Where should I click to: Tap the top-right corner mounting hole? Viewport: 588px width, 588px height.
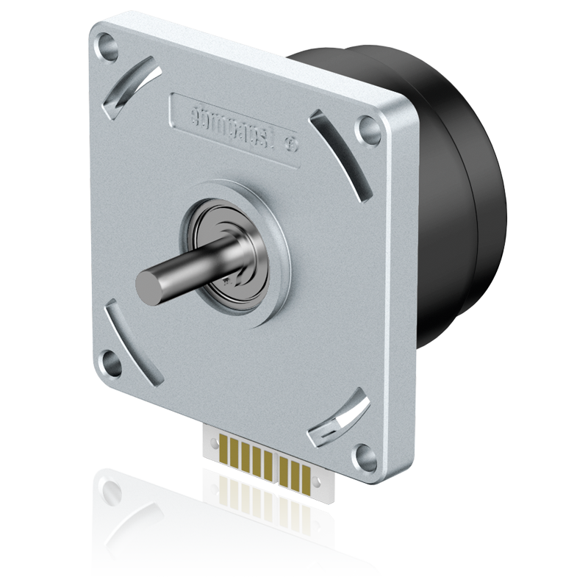click(x=365, y=132)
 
